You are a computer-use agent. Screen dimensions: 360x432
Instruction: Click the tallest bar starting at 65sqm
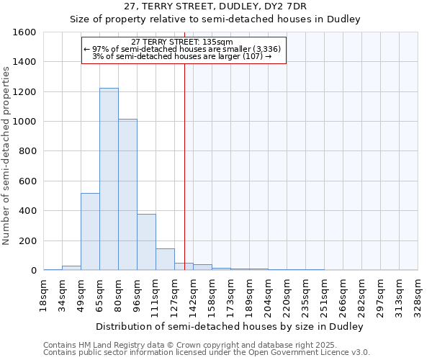(109, 179)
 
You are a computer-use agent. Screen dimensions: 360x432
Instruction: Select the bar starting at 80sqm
(127, 194)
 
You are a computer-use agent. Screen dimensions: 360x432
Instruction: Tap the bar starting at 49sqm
(90, 232)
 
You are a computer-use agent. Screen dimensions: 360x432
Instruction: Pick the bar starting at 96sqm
(146, 242)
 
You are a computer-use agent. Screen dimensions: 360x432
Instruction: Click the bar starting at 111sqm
(165, 259)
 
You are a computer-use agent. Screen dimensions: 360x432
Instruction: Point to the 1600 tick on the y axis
(25, 32)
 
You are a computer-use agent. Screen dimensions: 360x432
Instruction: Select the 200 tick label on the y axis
(28, 241)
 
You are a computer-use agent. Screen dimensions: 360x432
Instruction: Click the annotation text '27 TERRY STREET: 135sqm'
(184, 42)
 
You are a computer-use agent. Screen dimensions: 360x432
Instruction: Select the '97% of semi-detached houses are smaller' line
(184, 49)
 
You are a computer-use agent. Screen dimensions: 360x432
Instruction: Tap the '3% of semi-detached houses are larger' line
(184, 56)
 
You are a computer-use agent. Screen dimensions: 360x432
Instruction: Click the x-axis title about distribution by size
(230, 326)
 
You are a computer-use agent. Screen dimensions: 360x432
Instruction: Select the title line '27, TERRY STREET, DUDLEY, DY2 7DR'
(215, 6)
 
